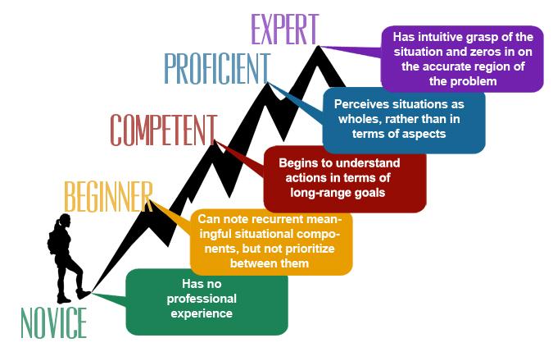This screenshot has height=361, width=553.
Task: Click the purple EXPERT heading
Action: tap(283, 29)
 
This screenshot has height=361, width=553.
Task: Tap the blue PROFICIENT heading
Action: tap(216, 69)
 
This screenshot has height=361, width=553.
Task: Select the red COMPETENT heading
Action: tap(164, 130)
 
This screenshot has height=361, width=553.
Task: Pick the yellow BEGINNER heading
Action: tap(108, 196)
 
